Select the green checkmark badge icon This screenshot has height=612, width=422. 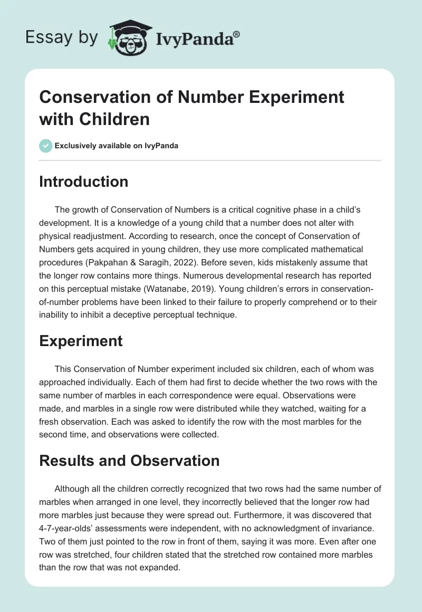coord(46,146)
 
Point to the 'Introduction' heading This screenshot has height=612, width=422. coord(84,181)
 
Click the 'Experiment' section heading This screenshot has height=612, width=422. coord(81,341)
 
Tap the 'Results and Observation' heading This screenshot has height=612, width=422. coord(129,461)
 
